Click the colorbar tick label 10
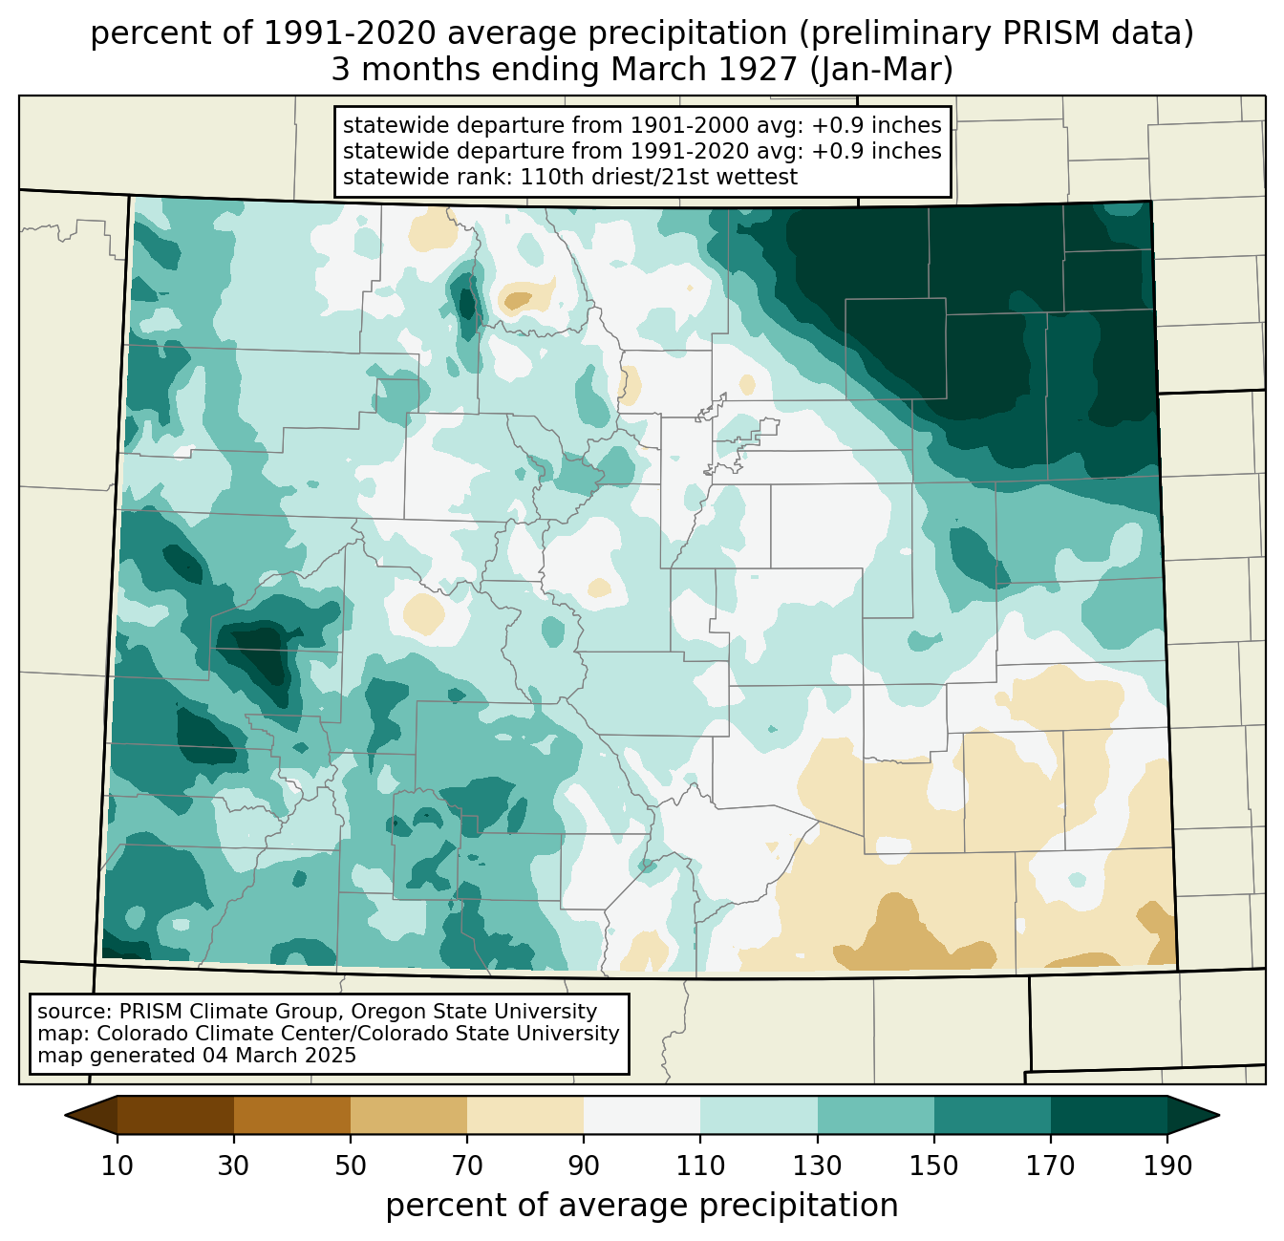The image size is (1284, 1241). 117,1166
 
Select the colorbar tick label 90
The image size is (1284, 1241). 584,1166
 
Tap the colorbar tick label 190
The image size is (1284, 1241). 1167,1166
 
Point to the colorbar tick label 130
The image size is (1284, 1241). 817,1166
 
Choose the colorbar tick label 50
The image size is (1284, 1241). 351,1166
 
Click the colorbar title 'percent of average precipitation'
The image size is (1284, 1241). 641,1206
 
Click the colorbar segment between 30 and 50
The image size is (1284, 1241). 291,1115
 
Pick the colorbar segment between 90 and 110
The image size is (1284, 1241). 642,1115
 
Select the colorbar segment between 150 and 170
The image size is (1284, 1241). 992,1115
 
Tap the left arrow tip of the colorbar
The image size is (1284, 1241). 65,1115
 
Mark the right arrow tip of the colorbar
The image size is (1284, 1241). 1219,1115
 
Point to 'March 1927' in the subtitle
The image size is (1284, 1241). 704,70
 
